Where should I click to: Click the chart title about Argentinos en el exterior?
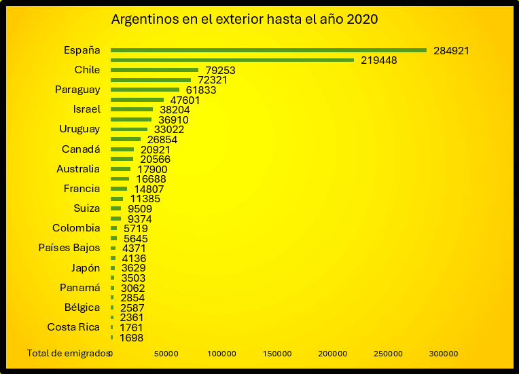coord(244,20)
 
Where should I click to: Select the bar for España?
coord(268,50)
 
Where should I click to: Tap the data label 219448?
coord(378,60)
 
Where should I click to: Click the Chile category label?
coord(87,70)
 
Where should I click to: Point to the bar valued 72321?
coord(151,80)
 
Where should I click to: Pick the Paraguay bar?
coord(145,90)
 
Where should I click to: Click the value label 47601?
coord(185,100)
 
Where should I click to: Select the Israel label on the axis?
coord(86,109)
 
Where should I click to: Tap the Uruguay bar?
coord(129,129)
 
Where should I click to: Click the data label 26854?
coord(162,140)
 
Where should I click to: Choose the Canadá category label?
coord(81,149)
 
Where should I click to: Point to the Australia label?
coord(78,169)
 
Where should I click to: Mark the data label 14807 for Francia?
coord(149,189)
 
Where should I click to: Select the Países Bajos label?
coord(69,248)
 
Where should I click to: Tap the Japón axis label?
coord(86,267)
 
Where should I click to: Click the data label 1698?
coord(131,337)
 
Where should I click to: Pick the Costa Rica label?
coord(73,327)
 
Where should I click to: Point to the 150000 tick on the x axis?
coord(277,354)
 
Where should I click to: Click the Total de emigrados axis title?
coord(68,353)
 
